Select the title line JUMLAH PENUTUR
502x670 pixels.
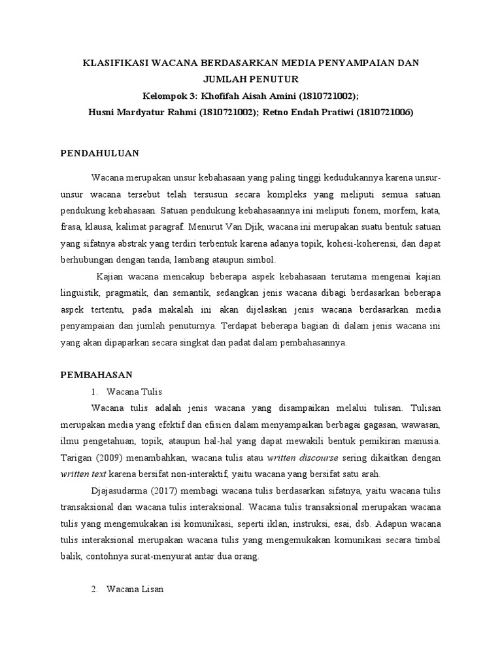pos(251,79)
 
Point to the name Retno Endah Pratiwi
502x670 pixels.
pos(307,112)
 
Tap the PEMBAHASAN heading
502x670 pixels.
pos(97,375)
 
